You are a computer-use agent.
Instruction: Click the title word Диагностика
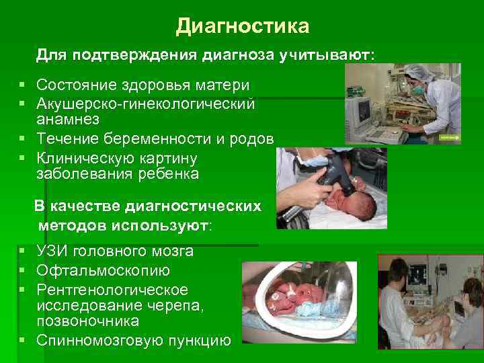pyautogui.click(x=243, y=26)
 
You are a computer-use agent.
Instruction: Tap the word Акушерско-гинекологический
pyautogui.click(x=146, y=104)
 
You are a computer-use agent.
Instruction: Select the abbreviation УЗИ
pyautogui.click(x=52, y=251)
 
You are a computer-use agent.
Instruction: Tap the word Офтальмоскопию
pyautogui.click(x=103, y=271)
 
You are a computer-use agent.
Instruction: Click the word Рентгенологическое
pyautogui.click(x=112, y=290)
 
